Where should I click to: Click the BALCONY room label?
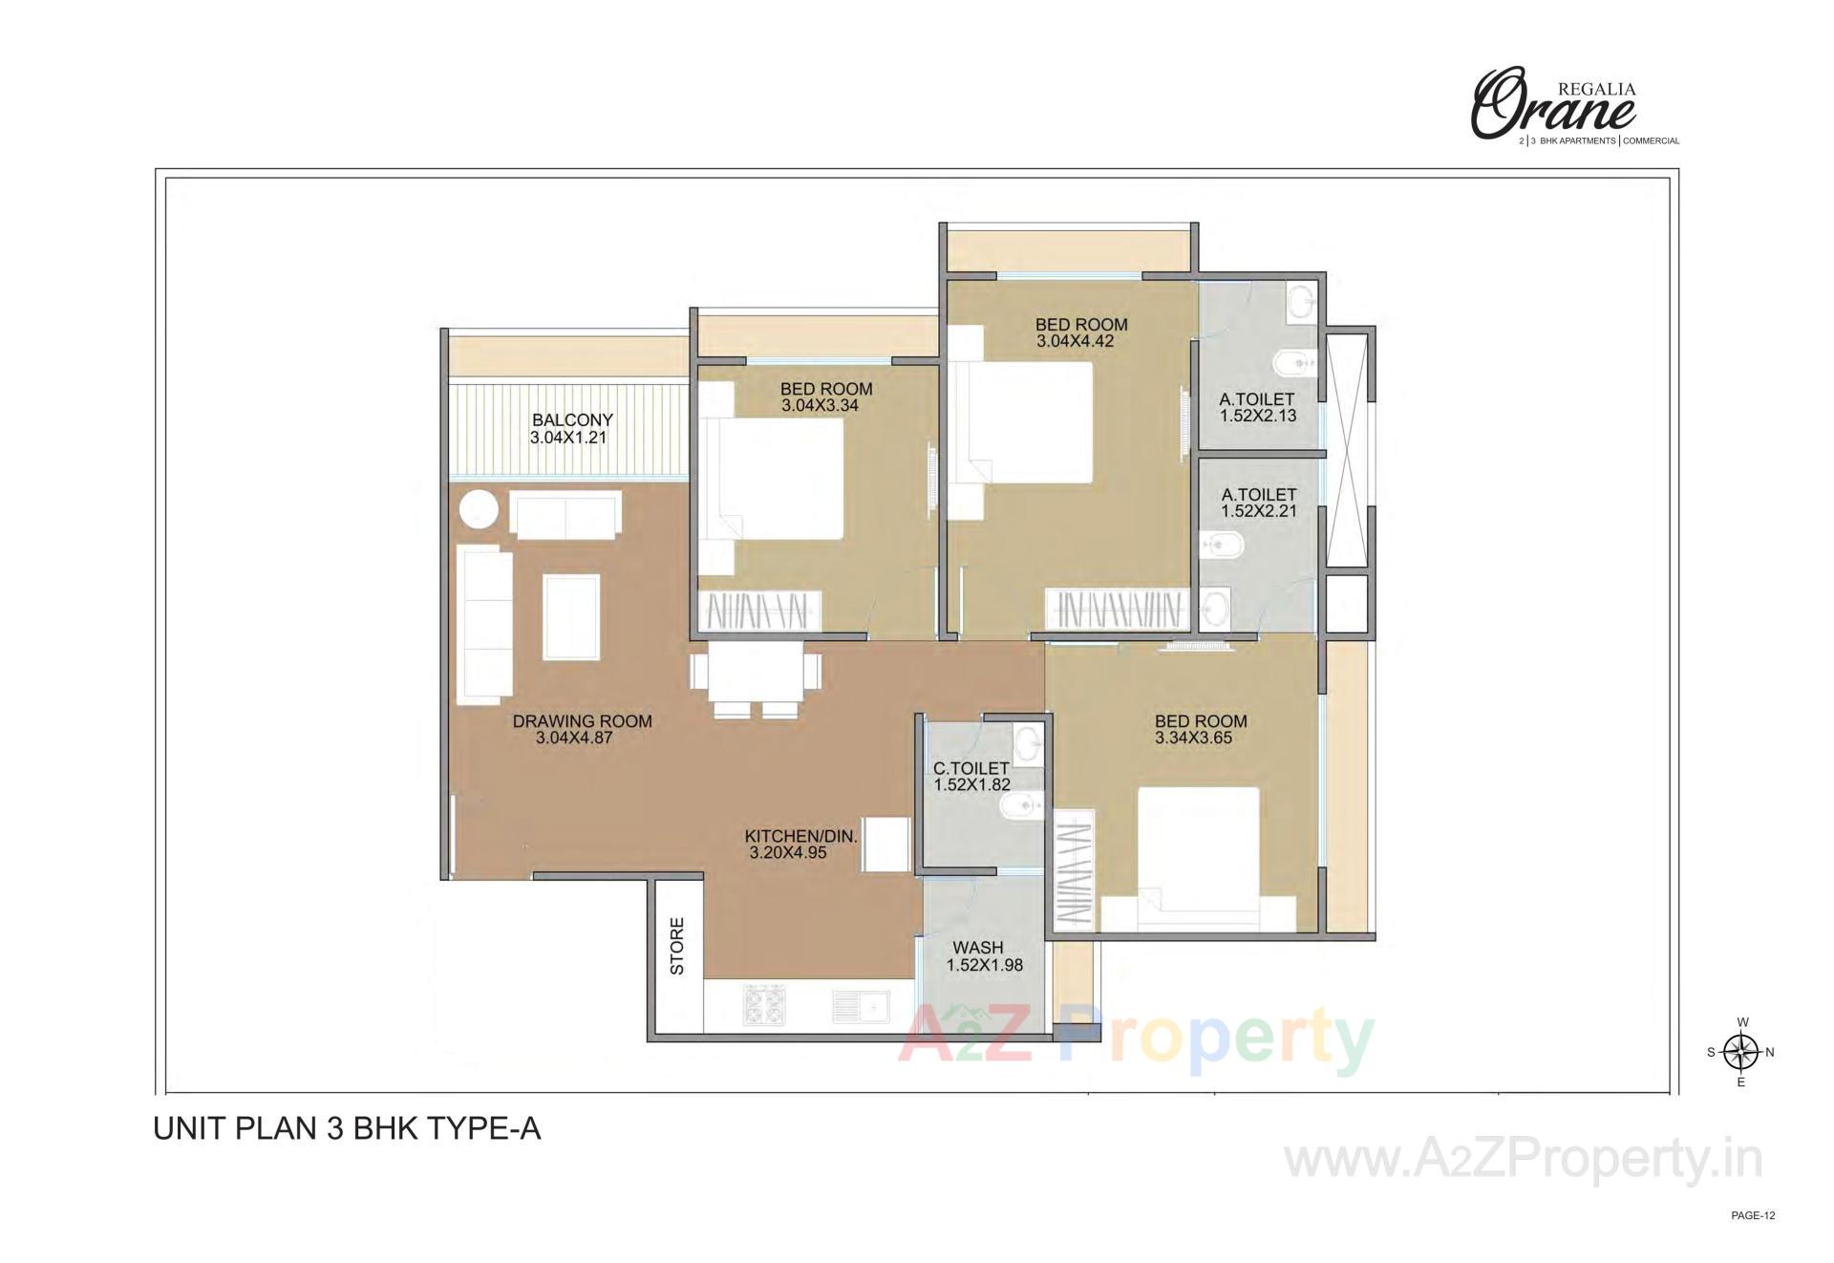pyautogui.click(x=572, y=420)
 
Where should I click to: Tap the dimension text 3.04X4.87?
pyautogui.click(x=574, y=738)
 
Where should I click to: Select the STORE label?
pyautogui.click(x=677, y=946)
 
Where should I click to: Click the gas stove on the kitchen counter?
pyautogui.click(x=764, y=1006)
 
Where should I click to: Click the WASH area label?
pyautogui.click(x=978, y=948)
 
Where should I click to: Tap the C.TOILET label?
pyautogui.click(x=971, y=768)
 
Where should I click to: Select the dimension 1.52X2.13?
pyautogui.click(x=1257, y=417)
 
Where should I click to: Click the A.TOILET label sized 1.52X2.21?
pyautogui.click(x=1258, y=495)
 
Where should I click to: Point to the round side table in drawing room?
pyautogui.click(x=478, y=508)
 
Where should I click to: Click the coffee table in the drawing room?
pyautogui.click(x=571, y=616)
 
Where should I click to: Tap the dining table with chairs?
pyautogui.click(x=756, y=674)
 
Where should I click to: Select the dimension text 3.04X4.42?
pyautogui.click(x=1076, y=341)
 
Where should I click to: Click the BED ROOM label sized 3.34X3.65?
pyautogui.click(x=1201, y=721)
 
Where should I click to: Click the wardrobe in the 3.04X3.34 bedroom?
pyautogui.click(x=761, y=610)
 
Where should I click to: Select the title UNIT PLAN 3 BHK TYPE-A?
pyautogui.click(x=347, y=1128)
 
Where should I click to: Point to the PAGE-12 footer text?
pyautogui.click(x=1753, y=1216)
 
